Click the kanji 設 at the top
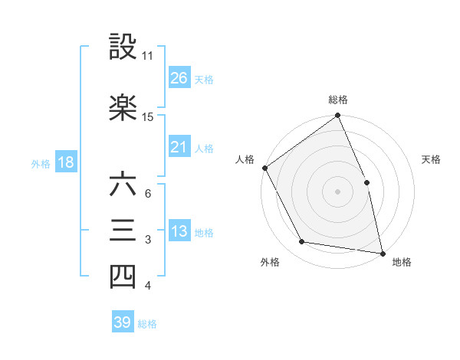coord(123,47)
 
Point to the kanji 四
coord(123,277)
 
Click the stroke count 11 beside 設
coord(148,56)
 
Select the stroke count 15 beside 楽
coord(148,116)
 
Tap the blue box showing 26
coord(179,77)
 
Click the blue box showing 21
coord(179,147)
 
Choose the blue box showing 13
coord(179,231)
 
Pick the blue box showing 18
coord(65,162)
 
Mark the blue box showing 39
coord(123,322)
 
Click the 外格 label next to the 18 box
coord(41,163)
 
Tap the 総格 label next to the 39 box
coord(147,323)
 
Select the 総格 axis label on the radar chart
coord(338,100)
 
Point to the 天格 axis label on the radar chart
coord(432,159)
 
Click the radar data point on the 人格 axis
coord(264,168)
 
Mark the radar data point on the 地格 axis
coord(383,253)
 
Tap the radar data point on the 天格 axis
coord(366,182)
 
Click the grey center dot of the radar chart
coord(337,191)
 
